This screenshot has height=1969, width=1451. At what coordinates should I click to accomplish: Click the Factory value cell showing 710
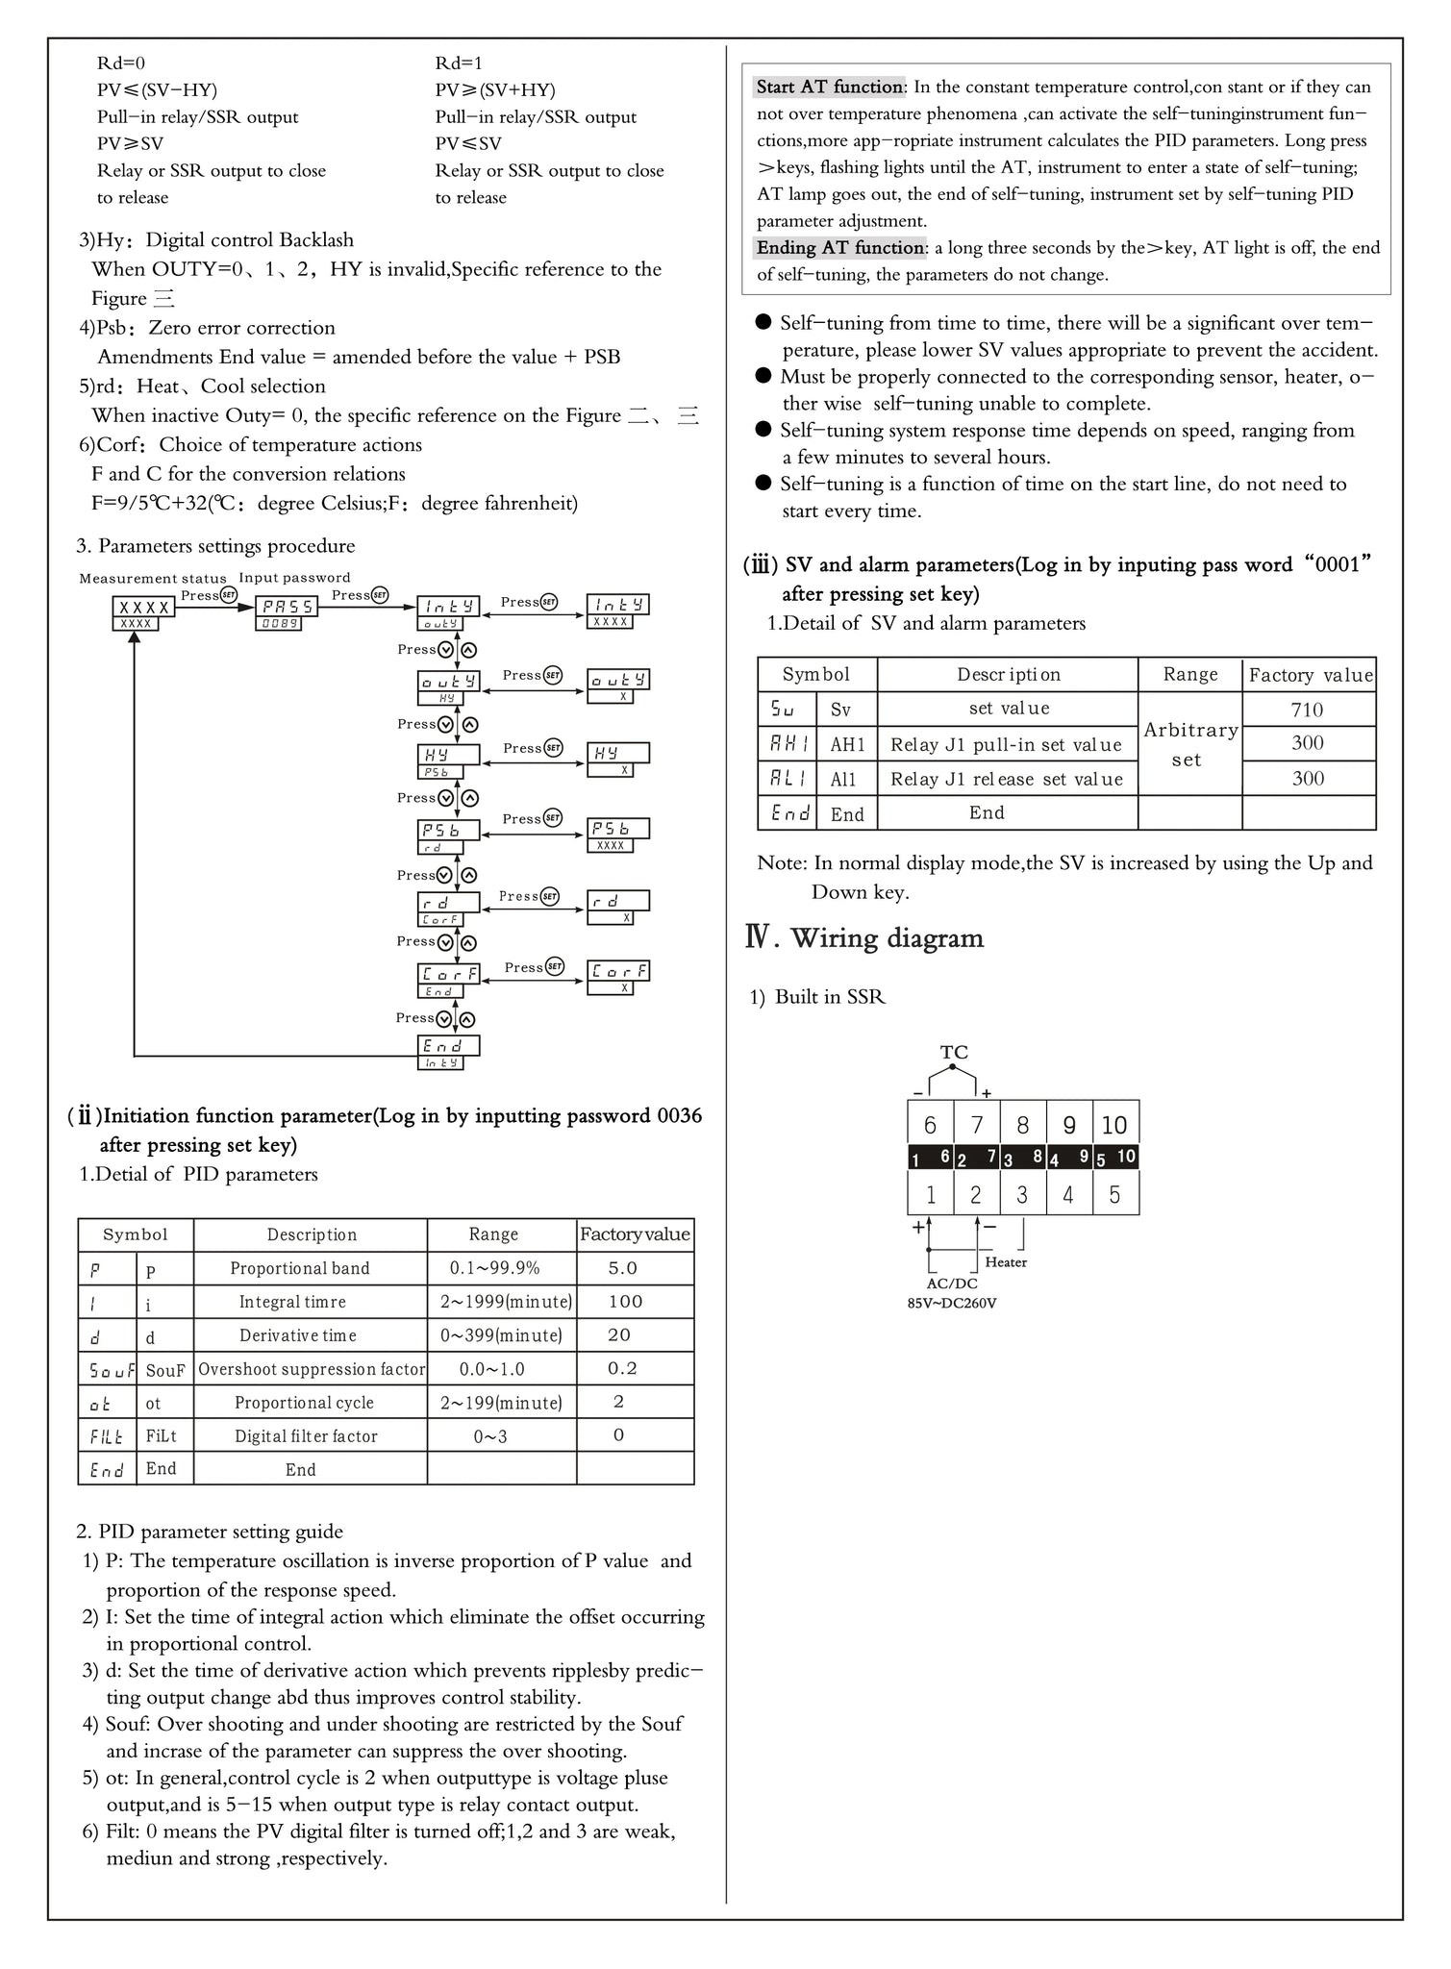coord(1307,710)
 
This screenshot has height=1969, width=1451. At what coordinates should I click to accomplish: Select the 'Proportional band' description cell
coord(300,1268)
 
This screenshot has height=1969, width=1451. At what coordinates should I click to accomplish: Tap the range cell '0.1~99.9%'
coord(495,1268)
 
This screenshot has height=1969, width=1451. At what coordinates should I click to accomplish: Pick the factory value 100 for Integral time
coord(625,1302)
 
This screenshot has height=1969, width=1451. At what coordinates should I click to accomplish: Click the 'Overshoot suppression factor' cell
coord(312,1369)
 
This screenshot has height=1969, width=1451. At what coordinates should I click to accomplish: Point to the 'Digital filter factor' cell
coord(306,1435)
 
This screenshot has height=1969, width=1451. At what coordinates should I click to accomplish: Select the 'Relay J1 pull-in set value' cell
coord(1006,744)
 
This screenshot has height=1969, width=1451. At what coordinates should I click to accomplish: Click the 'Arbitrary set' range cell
coord(1189,744)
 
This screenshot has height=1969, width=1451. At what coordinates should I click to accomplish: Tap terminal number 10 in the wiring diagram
coord(1114,1125)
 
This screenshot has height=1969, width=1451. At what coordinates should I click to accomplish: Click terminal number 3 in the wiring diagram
coord(1022,1195)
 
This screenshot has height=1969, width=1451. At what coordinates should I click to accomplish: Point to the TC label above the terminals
coord(954,1053)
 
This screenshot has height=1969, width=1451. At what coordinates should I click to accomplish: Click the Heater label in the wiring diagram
coord(1006,1262)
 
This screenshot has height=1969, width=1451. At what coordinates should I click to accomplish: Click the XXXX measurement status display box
coord(144,608)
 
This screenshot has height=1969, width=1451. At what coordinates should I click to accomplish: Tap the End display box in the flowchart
coord(447,1045)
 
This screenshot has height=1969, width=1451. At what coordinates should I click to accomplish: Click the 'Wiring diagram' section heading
coord(887,938)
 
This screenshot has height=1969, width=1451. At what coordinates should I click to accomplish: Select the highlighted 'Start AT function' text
coord(829,87)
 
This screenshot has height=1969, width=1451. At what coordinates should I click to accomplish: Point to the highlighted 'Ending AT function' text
coord(839,248)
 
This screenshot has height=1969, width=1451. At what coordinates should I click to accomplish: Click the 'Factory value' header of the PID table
coord(635,1234)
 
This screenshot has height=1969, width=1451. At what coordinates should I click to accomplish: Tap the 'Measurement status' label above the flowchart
coord(153,579)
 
